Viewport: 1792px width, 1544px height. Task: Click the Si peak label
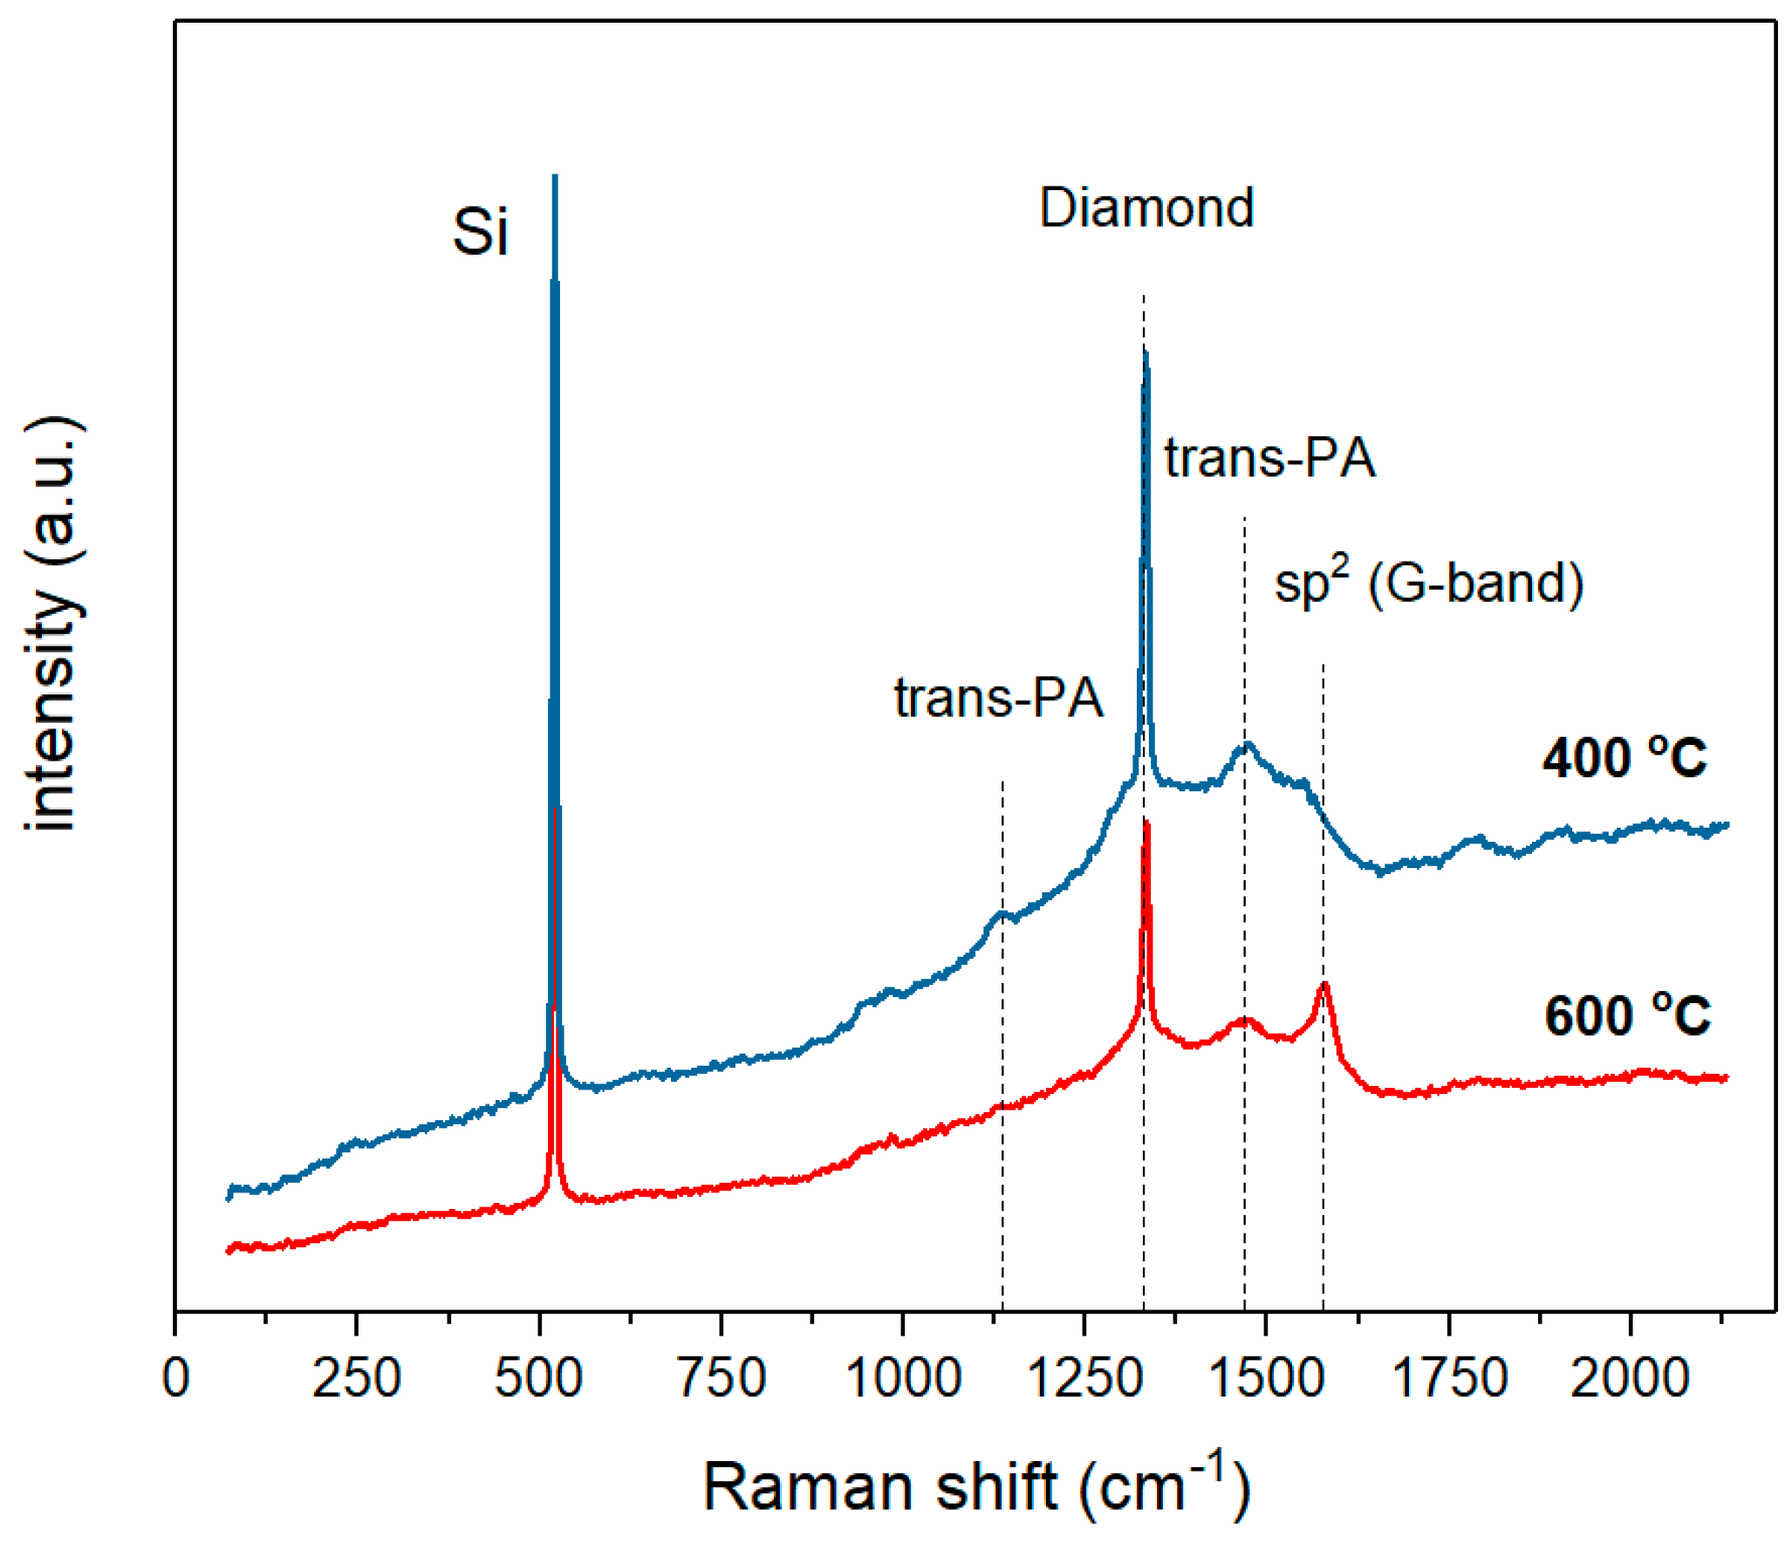pyautogui.click(x=480, y=232)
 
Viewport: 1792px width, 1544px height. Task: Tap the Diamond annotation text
pyautogui.click(x=1146, y=208)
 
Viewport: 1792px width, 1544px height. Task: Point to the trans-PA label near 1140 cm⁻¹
pyautogui.click(x=998, y=698)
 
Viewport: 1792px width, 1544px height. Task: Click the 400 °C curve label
pyautogui.click(x=1624, y=757)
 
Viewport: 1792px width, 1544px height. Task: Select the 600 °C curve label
pyautogui.click(x=1627, y=1015)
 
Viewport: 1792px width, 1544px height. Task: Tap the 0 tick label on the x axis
pyautogui.click(x=175, y=1378)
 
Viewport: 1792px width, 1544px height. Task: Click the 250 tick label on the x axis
pyautogui.click(x=356, y=1378)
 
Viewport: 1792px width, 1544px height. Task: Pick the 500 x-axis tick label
pyautogui.click(x=538, y=1378)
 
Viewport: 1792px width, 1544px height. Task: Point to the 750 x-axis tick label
pyautogui.click(x=721, y=1378)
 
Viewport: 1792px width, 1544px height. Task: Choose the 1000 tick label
pyautogui.click(x=903, y=1378)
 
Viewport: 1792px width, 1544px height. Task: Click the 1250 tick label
pyautogui.click(x=1084, y=1378)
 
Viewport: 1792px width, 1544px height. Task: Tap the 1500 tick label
pyautogui.click(x=1267, y=1378)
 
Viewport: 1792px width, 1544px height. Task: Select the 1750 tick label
pyautogui.click(x=1449, y=1378)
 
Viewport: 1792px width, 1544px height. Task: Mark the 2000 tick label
pyautogui.click(x=1630, y=1378)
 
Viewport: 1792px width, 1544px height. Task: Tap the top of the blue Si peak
pyautogui.click(x=555, y=177)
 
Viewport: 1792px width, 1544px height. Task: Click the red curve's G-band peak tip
pyautogui.click(x=1325, y=984)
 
